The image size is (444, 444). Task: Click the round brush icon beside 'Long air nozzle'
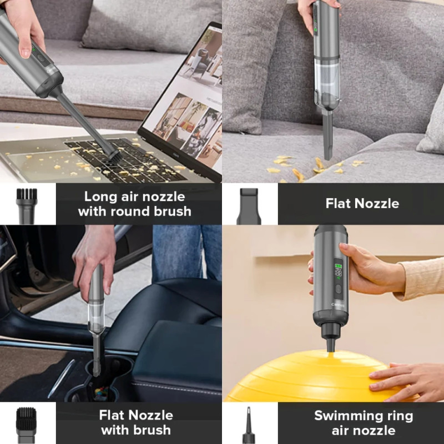tap(27, 206)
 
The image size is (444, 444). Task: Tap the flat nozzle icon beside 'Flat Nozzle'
tap(249, 206)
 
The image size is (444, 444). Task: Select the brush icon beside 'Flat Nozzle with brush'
tap(26, 425)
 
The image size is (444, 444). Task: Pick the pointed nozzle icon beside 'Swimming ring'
tap(248, 425)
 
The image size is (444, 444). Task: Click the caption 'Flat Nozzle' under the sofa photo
tap(362, 203)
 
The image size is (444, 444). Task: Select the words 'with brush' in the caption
tap(136, 430)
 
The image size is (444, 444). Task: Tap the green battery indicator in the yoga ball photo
tap(338, 266)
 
